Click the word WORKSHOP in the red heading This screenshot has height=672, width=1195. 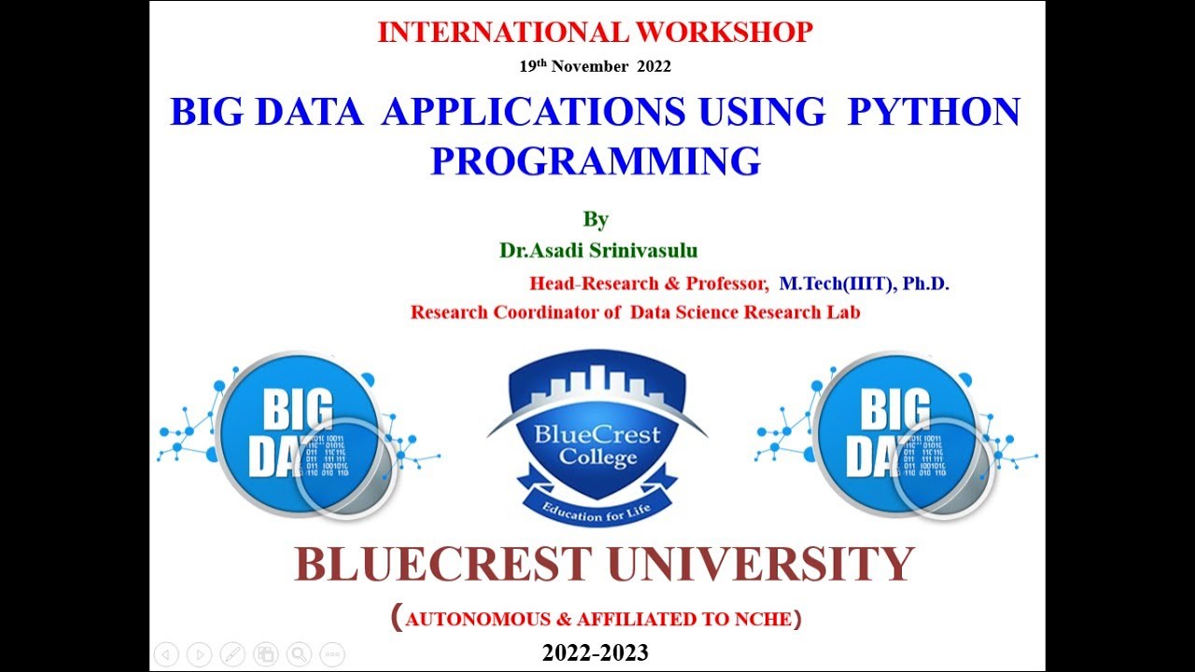click(x=724, y=33)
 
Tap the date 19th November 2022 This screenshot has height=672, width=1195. click(x=595, y=66)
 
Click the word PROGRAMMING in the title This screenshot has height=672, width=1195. click(x=595, y=161)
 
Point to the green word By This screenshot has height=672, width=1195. click(x=596, y=219)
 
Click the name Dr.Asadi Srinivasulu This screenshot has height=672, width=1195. click(x=598, y=250)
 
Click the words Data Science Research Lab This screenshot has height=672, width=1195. click(x=745, y=312)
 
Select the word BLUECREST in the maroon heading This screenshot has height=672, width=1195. click(x=443, y=564)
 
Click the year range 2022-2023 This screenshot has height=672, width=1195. click(x=595, y=652)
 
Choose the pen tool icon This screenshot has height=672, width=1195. click(x=233, y=654)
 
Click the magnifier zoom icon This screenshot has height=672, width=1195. click(x=298, y=654)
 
